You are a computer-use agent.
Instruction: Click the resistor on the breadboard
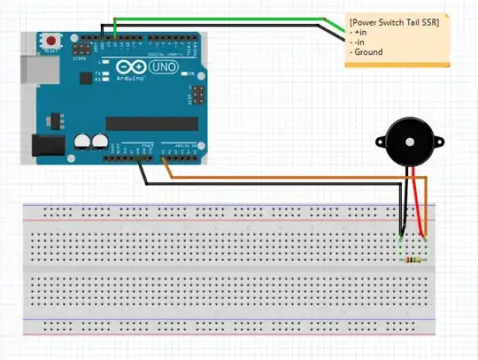coord(412,260)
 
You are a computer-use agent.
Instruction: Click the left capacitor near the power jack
coord(82,141)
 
